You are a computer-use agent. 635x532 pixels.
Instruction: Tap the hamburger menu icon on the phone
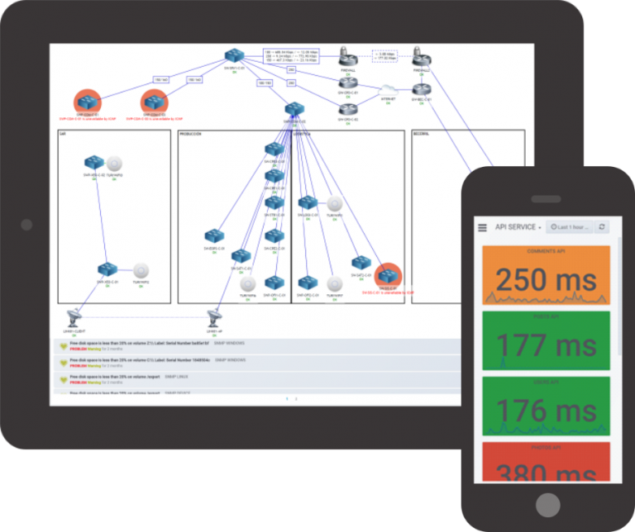tap(481, 226)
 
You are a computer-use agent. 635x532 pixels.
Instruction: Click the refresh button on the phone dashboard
tap(603, 226)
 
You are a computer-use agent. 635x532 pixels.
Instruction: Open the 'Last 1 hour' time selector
tap(568, 226)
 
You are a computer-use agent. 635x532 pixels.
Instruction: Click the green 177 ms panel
tap(546, 340)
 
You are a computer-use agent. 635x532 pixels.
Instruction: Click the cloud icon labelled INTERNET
tap(388, 89)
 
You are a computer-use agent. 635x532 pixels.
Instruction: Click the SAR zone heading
tap(62, 134)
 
